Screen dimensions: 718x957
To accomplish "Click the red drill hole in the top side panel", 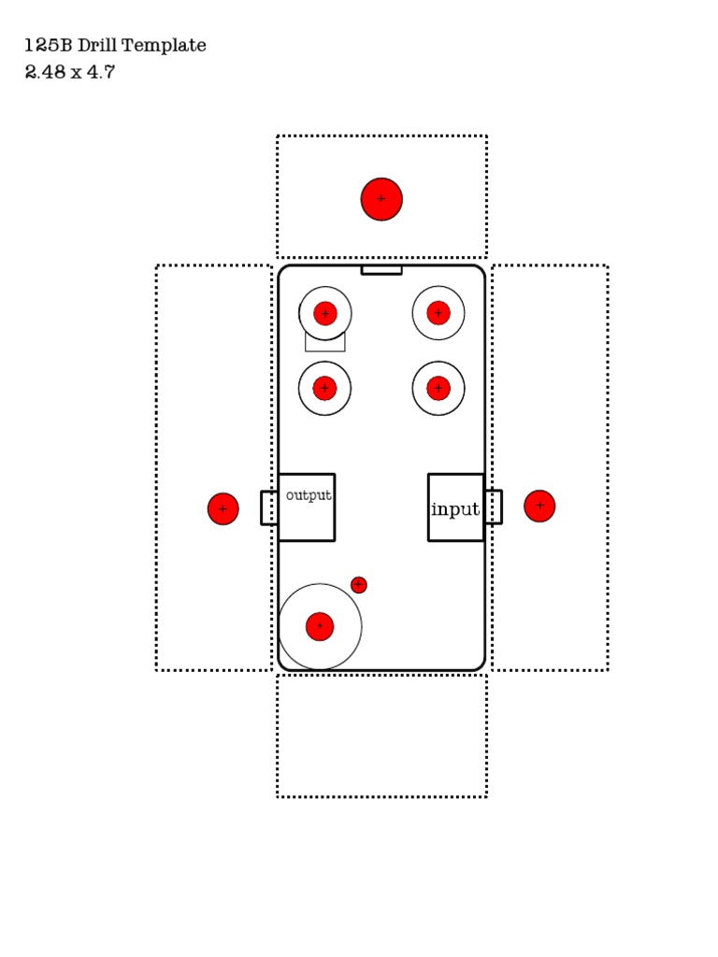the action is [381, 199].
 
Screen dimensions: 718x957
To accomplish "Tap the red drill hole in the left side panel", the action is [223, 508].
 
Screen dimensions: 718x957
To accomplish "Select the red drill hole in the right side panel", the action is [539, 506].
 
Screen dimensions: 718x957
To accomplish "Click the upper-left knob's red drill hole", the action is [324, 313].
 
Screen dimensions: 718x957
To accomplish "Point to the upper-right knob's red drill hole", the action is [438, 313].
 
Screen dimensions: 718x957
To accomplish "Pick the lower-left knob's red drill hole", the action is [324, 388].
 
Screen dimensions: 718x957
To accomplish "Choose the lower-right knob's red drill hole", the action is [438, 388].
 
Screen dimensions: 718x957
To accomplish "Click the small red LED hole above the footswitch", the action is [358, 584].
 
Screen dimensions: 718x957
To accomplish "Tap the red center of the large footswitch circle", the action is [320, 626].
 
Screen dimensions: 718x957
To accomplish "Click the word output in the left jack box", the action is [309, 495].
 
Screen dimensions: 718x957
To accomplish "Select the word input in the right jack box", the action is [455, 509].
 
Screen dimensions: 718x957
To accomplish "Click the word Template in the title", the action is [168, 45].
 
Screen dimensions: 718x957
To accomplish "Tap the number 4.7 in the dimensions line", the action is [100, 72].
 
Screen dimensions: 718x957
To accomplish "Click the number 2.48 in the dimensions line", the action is [44, 72].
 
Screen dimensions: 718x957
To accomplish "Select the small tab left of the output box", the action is [269, 507].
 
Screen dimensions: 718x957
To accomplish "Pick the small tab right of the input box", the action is [493, 507].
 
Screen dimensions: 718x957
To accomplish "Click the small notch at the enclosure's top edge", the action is [381, 270].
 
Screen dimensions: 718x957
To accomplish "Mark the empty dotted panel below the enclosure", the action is [381, 736].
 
